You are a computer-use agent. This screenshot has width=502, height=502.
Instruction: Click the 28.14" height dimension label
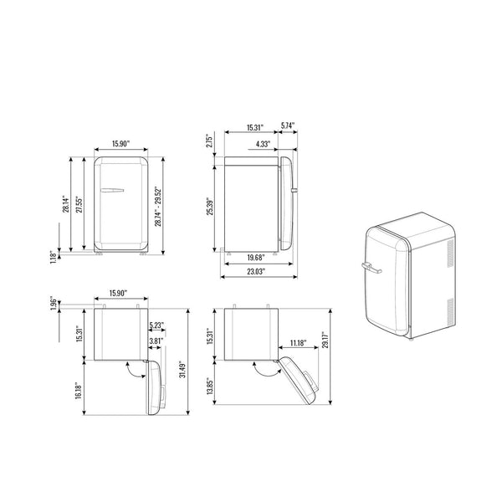65,204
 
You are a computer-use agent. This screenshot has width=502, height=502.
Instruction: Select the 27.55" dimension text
79,204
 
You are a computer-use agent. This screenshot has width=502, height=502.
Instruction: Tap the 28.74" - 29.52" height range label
158,207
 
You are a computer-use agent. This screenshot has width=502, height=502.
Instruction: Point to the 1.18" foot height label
54,257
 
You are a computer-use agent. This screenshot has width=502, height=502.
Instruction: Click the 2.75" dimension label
209,141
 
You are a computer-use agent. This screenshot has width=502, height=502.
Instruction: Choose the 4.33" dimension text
263,144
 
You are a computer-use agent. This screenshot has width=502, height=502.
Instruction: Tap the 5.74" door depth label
288,125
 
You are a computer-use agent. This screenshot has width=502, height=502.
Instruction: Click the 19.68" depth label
257,258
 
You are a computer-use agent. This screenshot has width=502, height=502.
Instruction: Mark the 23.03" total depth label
257,271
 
